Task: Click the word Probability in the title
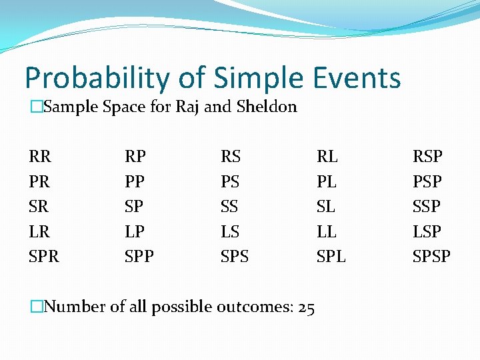99,79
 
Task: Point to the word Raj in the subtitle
187,107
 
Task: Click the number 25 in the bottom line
306,307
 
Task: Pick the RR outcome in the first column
41,157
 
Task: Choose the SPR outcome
44,256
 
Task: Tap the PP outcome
135,181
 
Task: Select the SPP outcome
139,256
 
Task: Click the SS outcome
230,206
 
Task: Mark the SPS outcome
235,256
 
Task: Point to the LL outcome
327,231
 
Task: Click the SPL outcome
331,256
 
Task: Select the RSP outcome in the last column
427,157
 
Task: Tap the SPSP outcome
432,256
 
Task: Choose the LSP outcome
427,231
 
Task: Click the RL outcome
327,157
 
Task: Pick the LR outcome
41,231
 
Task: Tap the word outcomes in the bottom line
257,307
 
